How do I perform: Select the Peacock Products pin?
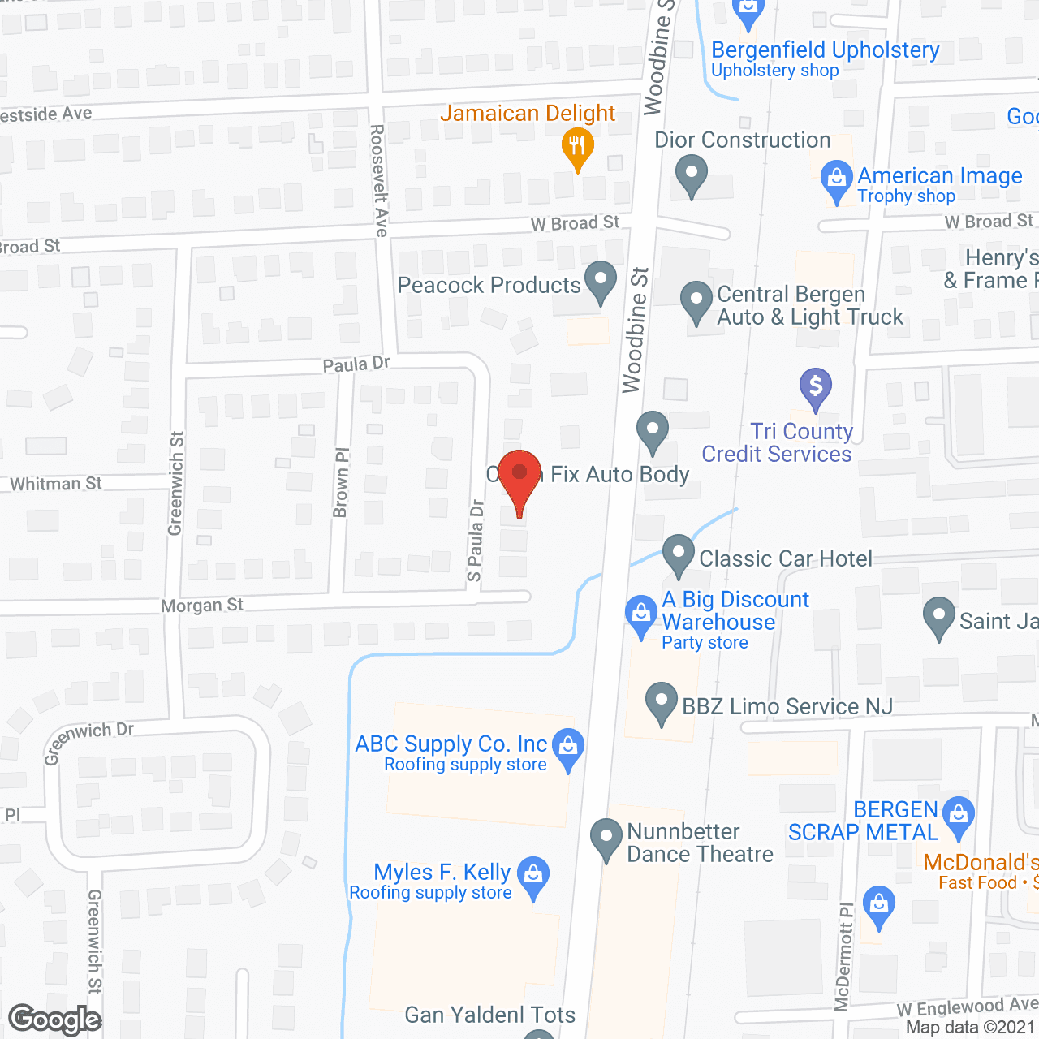coord(601,281)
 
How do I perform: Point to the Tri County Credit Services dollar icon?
coord(816,388)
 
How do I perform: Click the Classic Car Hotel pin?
coord(679,555)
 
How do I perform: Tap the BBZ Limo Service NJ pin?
coord(662,702)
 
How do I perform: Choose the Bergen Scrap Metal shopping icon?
coord(959,816)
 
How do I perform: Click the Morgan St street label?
coord(202,606)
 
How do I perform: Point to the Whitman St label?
coord(56,485)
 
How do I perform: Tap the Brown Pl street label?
coord(342,482)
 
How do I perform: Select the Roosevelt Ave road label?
coord(379,180)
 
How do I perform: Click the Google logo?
coord(55,1020)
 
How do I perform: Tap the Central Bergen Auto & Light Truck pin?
coord(696,302)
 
